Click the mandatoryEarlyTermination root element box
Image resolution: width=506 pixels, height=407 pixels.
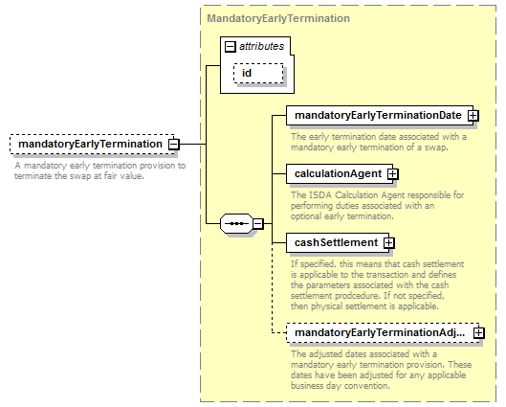pyautogui.click(x=92, y=144)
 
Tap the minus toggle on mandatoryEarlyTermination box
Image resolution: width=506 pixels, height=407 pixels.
pyautogui.click(x=174, y=144)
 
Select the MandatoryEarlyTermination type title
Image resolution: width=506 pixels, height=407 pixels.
pyautogui.click(x=278, y=18)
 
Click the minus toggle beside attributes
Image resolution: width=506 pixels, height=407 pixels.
pyautogui.click(x=230, y=47)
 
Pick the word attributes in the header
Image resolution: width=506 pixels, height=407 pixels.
pyautogui.click(x=262, y=47)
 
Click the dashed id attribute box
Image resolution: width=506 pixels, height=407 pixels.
pyautogui.click(x=258, y=74)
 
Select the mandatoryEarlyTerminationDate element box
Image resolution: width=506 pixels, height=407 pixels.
pyautogui.click(x=380, y=115)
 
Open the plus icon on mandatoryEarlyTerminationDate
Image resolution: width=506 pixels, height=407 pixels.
pyautogui.click(x=473, y=116)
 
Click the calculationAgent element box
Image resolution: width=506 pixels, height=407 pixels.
pyautogui.click(x=340, y=173)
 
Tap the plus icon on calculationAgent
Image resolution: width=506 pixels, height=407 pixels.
pyautogui.click(x=393, y=174)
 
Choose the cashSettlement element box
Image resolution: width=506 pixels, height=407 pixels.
pyautogui.click(x=338, y=242)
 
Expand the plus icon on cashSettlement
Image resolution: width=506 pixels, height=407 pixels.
pyautogui.click(x=389, y=243)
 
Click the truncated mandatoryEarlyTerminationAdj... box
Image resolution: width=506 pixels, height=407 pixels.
pyautogui.click(x=383, y=332)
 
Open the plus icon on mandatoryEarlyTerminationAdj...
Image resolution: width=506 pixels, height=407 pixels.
pyautogui.click(x=479, y=333)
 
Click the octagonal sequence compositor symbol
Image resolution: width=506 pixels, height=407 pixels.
pyautogui.click(x=236, y=223)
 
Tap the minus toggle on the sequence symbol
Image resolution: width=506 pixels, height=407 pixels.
pyautogui.click(x=258, y=223)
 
